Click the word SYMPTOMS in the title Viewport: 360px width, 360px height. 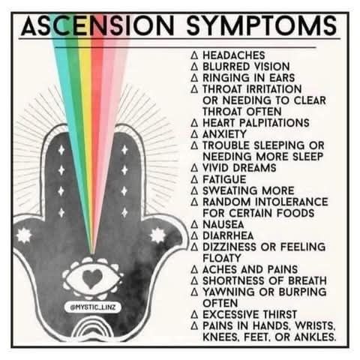point(262,25)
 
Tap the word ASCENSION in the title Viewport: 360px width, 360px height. point(97,25)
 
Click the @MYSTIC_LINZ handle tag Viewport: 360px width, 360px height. point(93,307)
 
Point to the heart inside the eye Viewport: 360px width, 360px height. point(92,278)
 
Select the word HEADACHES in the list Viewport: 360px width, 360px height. point(234,55)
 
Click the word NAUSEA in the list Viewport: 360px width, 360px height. point(223,224)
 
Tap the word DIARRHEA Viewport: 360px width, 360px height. point(228,235)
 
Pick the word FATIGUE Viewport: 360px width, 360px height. point(224,179)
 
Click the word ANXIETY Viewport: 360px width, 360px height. point(224,134)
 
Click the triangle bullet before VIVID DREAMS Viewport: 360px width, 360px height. point(194,168)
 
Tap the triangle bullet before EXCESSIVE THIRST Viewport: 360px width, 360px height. point(194,314)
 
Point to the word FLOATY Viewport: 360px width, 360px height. point(222,258)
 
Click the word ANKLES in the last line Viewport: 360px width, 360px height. point(315,337)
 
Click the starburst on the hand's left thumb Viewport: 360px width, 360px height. point(24,235)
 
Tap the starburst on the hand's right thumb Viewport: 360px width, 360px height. point(158,235)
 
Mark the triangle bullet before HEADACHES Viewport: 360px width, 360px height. point(194,55)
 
